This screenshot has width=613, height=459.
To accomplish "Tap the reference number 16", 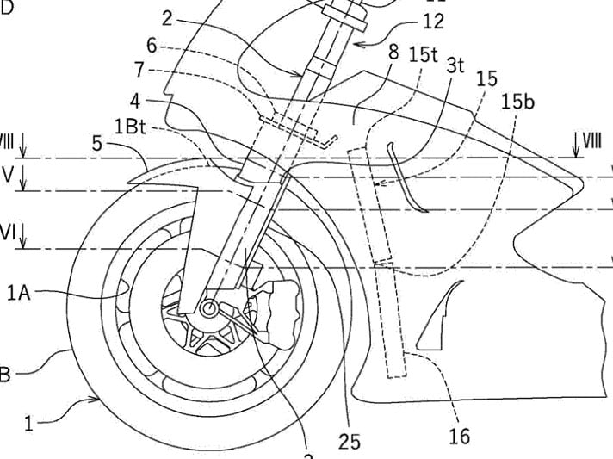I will (460, 436).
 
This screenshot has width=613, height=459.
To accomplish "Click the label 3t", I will (455, 65).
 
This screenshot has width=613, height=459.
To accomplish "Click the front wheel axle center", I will (208, 308).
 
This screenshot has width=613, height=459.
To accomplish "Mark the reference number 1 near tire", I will (31, 424).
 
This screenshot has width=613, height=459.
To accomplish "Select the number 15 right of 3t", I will (486, 78).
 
